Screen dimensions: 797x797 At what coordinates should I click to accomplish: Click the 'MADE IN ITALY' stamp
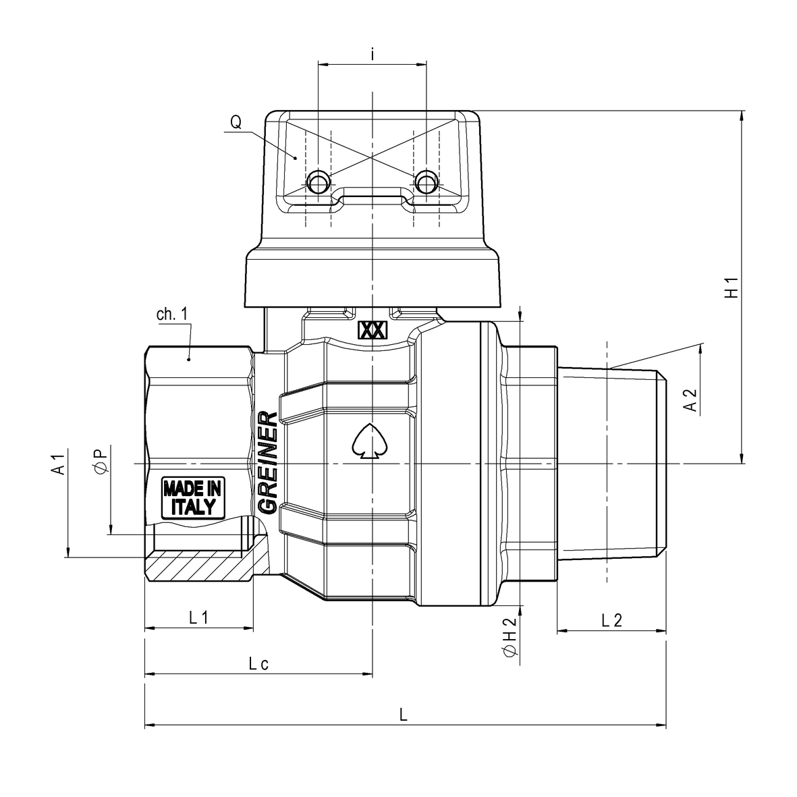(x=193, y=497)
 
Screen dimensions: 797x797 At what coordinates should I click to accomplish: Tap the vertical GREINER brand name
(x=268, y=462)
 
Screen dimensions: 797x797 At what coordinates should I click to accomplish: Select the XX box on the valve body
(x=373, y=331)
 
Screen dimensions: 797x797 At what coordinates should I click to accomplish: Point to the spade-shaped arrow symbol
(x=370, y=441)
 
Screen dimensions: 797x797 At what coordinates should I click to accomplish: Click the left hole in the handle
(x=318, y=181)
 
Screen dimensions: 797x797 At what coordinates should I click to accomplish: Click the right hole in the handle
(x=426, y=181)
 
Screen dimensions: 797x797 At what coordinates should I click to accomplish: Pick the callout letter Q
(x=236, y=122)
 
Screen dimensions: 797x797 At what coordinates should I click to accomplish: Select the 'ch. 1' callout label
(x=172, y=314)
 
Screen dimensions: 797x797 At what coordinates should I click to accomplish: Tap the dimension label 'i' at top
(x=373, y=55)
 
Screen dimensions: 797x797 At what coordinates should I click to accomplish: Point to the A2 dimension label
(x=690, y=401)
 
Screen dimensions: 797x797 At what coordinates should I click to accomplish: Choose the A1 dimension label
(x=59, y=464)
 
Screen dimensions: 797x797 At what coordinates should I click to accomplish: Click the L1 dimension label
(x=198, y=617)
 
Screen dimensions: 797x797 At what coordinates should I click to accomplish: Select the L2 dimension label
(x=611, y=620)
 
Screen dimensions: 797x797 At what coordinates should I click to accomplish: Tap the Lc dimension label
(x=258, y=663)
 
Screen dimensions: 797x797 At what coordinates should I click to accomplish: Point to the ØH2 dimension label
(x=510, y=638)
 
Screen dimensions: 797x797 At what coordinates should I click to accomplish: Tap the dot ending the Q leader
(x=296, y=158)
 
